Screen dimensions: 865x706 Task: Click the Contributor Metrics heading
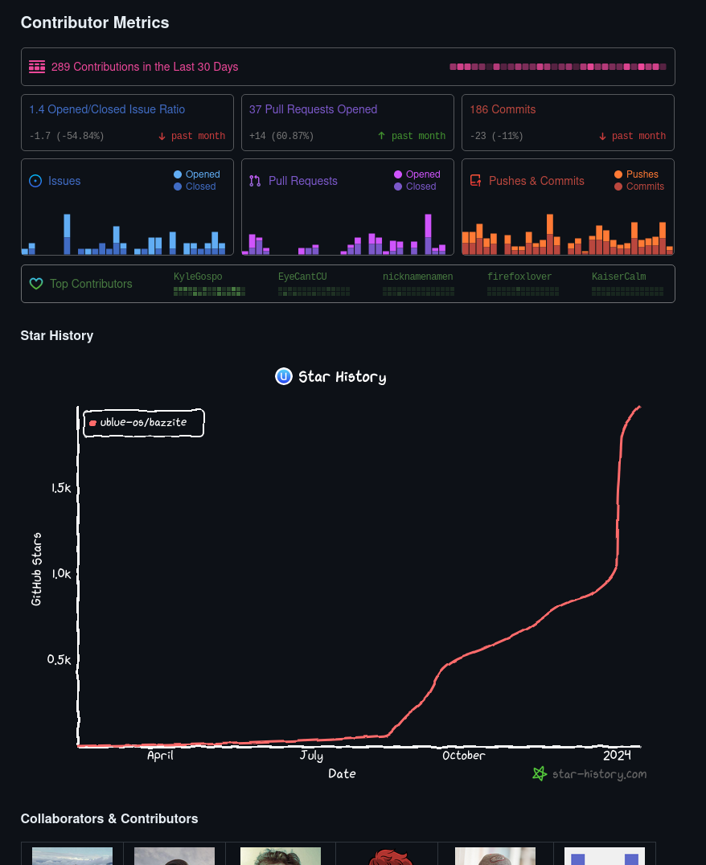click(95, 23)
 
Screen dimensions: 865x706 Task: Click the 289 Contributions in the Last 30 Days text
click(145, 67)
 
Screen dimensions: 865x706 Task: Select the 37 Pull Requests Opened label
click(313, 109)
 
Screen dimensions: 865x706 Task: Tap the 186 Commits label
click(503, 109)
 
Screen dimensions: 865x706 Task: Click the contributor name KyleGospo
click(198, 277)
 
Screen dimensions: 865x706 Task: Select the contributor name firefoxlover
click(519, 277)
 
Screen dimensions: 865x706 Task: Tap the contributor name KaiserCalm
click(618, 277)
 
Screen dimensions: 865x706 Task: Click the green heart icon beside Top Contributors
click(35, 284)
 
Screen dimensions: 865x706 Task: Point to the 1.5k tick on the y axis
click(61, 488)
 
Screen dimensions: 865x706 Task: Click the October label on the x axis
click(464, 756)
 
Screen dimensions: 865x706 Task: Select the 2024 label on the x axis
click(617, 756)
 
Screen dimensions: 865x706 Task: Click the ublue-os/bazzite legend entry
click(143, 422)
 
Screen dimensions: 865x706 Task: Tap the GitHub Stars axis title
click(36, 569)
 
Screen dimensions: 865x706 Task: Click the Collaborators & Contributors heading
click(109, 818)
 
